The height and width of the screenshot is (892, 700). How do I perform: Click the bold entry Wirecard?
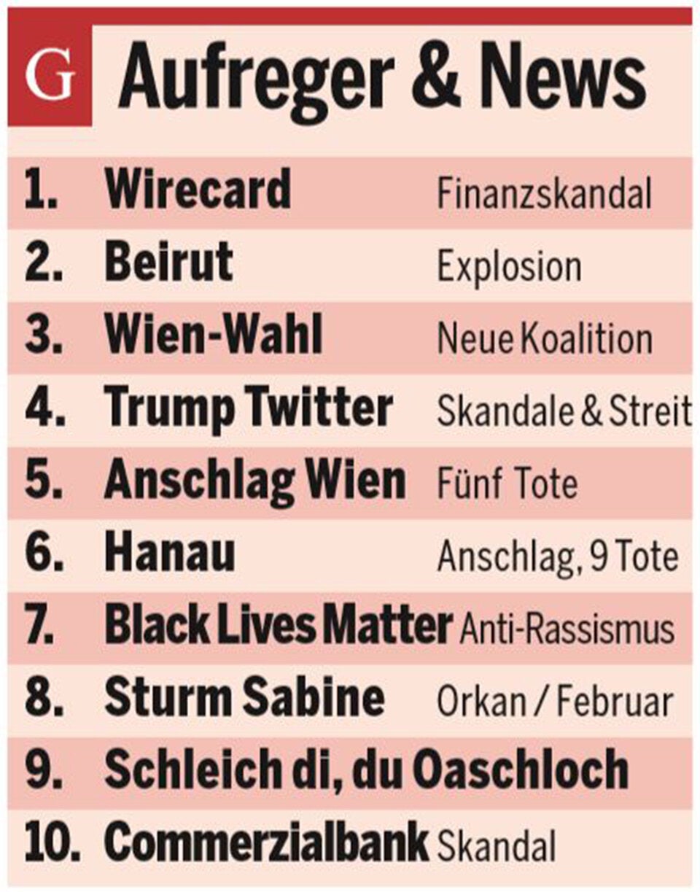198,190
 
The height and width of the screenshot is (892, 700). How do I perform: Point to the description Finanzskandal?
544,194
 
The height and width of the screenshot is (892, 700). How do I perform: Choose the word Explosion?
509,267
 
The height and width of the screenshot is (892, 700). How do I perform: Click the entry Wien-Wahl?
214,336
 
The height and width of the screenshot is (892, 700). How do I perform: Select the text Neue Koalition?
544,339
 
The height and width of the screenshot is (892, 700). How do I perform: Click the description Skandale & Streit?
564,412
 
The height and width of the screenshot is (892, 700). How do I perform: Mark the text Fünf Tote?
507,484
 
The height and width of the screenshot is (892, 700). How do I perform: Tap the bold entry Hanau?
170,554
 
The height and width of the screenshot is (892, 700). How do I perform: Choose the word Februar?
615,702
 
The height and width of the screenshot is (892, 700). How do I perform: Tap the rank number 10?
51,842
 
